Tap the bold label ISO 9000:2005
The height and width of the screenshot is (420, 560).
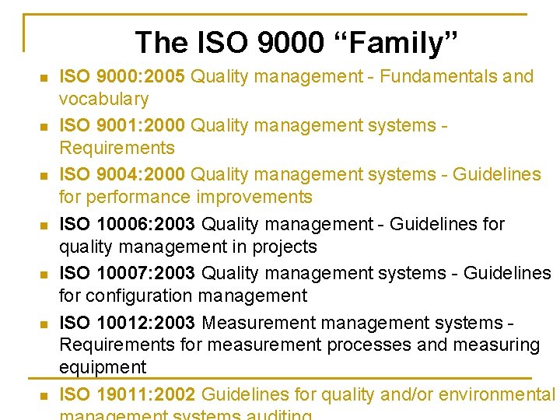(x=123, y=76)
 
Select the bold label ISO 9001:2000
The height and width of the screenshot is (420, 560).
(x=123, y=125)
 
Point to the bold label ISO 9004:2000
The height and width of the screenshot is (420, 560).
(x=123, y=174)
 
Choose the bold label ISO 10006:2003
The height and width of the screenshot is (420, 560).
(x=128, y=224)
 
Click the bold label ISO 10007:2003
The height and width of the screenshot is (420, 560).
(x=128, y=273)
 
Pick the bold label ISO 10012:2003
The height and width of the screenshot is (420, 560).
(x=128, y=322)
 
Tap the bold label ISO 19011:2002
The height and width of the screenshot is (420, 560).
(x=128, y=394)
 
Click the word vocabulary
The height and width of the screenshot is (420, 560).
(x=104, y=99)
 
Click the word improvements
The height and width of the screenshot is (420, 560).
(x=254, y=197)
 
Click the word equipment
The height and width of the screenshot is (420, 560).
(x=103, y=366)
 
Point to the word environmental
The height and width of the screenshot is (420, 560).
(x=497, y=394)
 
